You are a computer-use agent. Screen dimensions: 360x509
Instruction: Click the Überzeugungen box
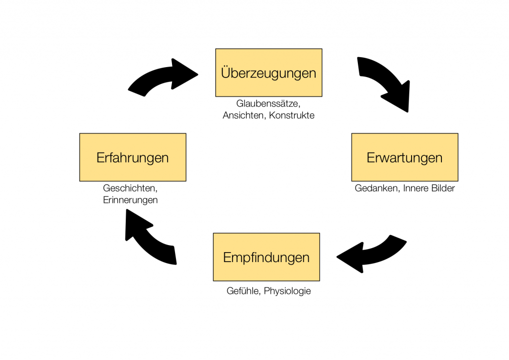tap(268, 73)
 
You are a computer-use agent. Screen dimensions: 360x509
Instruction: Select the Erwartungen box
tap(405, 157)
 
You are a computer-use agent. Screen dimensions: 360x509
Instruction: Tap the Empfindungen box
tap(266, 257)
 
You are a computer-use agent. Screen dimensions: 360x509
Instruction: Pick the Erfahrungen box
tap(133, 157)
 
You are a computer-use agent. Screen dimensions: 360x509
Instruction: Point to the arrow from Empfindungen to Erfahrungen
tap(150, 236)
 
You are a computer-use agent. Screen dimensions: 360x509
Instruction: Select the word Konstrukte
tap(292, 115)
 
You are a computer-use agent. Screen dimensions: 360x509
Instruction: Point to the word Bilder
tap(442, 188)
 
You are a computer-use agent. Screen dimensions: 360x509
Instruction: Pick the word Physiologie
tap(287, 291)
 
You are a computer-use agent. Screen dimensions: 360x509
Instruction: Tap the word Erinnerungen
tap(131, 200)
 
